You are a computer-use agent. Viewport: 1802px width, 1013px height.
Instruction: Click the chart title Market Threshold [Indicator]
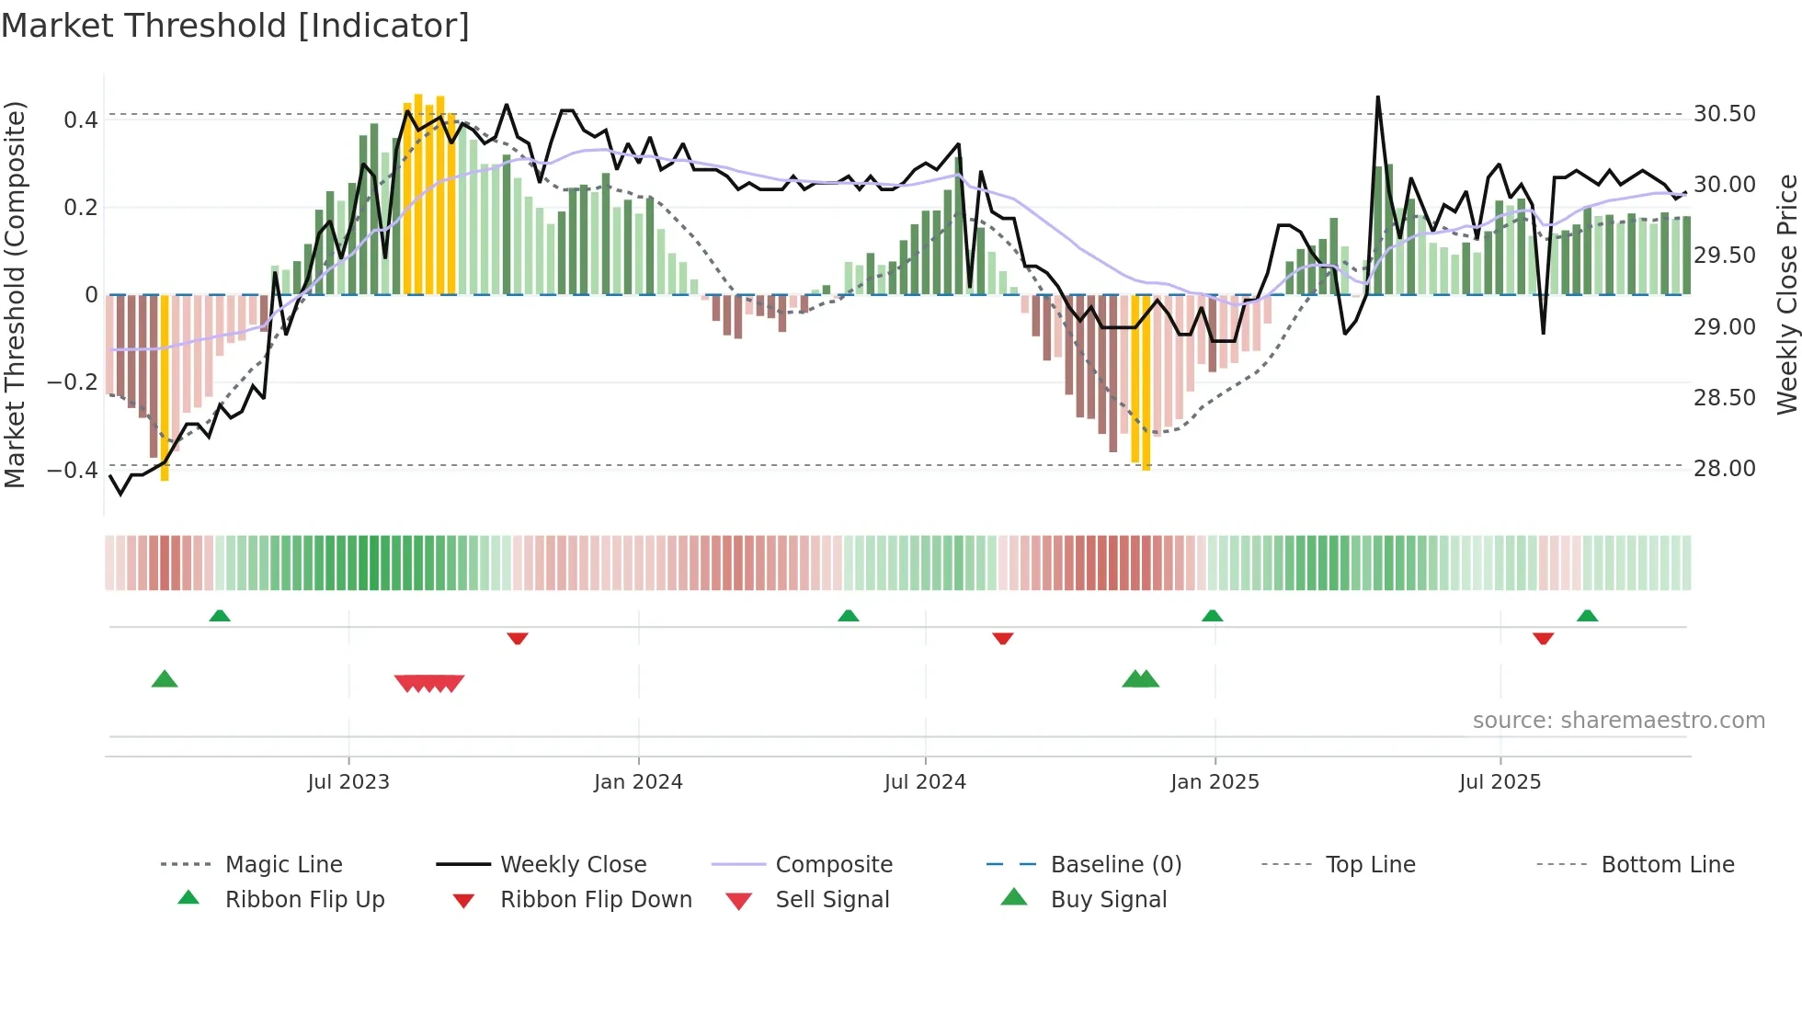235,26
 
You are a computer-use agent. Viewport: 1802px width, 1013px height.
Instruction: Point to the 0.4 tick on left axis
81,120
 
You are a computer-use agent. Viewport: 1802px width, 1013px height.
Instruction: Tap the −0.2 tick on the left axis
73,381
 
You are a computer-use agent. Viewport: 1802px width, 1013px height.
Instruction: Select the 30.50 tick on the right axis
1725,114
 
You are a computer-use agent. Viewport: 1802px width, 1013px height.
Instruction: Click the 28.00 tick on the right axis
1725,468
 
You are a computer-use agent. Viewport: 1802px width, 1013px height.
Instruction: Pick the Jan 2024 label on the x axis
638,781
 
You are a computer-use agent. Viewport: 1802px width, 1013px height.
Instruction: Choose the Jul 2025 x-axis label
1500,781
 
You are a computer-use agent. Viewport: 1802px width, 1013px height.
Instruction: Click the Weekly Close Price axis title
1786,294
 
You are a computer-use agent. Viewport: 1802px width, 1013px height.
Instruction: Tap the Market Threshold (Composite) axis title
15,294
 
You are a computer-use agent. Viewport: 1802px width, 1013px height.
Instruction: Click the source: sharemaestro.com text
1618,720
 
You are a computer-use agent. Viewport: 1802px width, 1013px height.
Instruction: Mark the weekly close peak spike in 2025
1377,98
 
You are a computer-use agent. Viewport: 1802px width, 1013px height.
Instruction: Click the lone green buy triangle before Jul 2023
165,679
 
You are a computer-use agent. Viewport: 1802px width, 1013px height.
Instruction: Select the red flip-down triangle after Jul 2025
1543,638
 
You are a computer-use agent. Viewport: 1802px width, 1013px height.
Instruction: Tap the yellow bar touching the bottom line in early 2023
165,386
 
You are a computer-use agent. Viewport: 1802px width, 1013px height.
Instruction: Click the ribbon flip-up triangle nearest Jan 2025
1212,615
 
